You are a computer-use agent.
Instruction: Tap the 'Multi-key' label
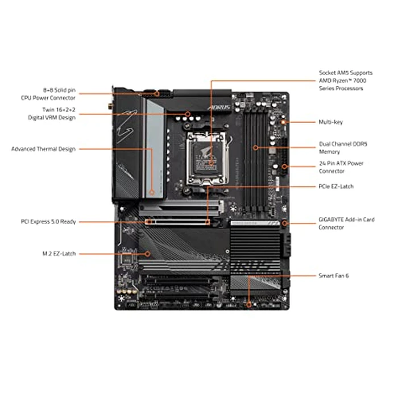(330, 122)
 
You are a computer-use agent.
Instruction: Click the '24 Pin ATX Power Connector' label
(341, 167)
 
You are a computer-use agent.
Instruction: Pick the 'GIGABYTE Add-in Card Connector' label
(347, 223)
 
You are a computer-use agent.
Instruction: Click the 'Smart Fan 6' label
(334, 275)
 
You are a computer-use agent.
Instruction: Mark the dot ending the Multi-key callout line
(284, 122)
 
